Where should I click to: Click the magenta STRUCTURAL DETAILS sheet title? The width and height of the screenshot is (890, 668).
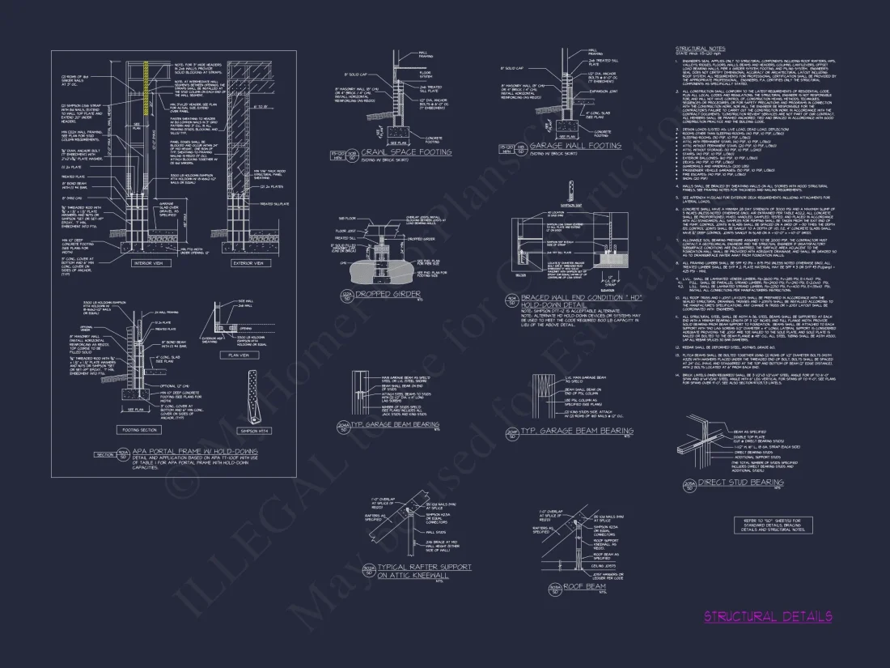[767, 617]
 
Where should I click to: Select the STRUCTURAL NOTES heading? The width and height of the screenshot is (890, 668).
[701, 49]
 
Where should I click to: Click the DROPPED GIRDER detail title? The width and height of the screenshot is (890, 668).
[394, 292]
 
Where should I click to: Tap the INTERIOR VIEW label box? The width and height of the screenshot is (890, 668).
[151, 263]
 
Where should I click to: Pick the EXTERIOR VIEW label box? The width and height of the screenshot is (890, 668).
[248, 263]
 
